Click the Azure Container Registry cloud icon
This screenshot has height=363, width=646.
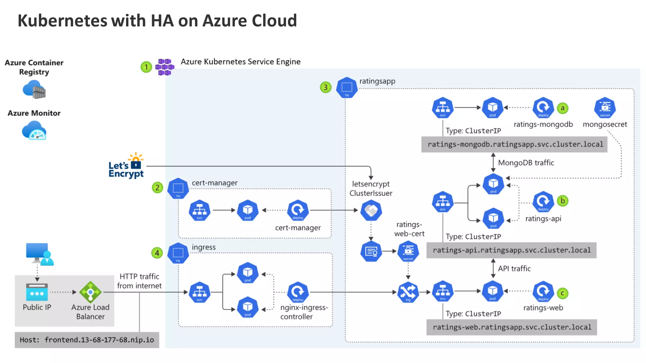34,89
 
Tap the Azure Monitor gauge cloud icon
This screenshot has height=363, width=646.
34,131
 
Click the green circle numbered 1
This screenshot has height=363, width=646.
146,67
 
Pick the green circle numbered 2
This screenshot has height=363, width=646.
157,188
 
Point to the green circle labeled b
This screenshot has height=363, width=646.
562,201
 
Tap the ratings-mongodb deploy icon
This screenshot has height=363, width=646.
543,108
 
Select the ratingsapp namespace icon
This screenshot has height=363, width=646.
347,88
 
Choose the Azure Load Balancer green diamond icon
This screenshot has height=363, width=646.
90,292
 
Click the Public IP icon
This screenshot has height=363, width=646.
37,292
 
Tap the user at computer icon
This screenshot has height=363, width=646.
40,254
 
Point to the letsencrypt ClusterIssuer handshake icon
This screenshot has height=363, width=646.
371,210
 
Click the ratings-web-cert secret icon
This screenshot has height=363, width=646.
408,251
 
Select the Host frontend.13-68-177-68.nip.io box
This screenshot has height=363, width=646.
87,340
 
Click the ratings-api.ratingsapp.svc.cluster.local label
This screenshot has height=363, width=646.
511,250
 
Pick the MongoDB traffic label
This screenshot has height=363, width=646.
526,163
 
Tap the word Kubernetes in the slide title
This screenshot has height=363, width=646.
62,21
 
